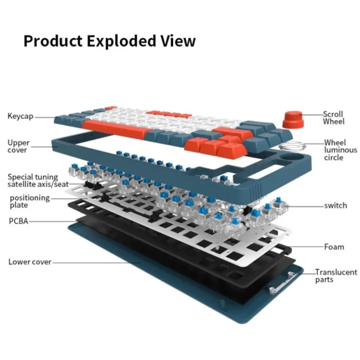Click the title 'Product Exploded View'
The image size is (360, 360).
(x=109, y=41)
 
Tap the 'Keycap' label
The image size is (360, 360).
(x=20, y=116)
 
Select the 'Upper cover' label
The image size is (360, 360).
(x=18, y=146)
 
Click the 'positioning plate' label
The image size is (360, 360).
(x=29, y=201)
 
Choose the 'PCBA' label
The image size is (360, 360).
(x=17, y=220)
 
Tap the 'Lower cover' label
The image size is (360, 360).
(x=29, y=261)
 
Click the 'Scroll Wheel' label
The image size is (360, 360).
(x=333, y=117)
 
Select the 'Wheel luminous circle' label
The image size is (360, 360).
(x=340, y=150)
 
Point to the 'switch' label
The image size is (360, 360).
(x=335, y=205)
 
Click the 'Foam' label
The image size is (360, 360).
(x=333, y=246)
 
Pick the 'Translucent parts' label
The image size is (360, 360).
(x=335, y=275)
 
